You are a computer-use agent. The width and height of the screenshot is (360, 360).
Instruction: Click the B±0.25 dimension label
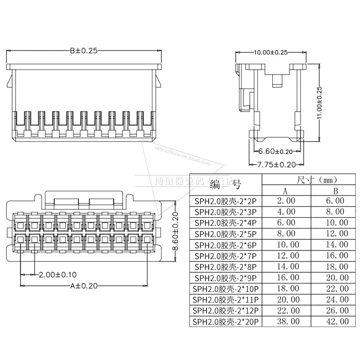pos(83,51)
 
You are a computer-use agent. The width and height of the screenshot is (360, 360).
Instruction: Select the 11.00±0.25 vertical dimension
pos(319,103)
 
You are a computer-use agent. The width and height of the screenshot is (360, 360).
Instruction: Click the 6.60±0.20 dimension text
pos(276,152)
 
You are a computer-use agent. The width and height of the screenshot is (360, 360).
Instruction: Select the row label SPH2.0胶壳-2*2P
pos(225,201)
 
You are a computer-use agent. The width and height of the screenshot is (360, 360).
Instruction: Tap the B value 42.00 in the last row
pos(337,322)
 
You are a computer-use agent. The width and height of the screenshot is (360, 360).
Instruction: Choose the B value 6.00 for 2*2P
pos(337,201)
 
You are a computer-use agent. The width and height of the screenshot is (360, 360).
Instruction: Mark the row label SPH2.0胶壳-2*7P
pos(225,256)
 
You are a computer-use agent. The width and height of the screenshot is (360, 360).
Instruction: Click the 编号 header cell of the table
pos(225,184)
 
